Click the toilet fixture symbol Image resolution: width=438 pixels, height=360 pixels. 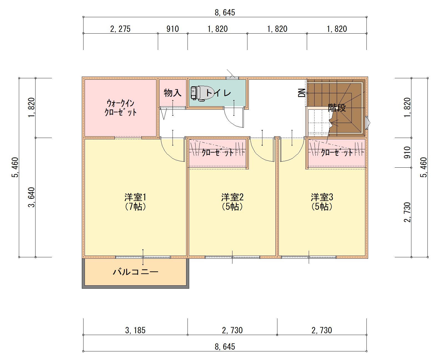point(202,93)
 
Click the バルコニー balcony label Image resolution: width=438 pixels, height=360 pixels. point(135,272)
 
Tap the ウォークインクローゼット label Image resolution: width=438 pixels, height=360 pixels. point(120,108)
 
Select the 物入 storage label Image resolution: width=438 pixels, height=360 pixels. point(172,93)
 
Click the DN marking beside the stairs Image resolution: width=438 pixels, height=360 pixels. point(302,93)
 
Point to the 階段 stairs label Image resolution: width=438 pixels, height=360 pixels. point(337,108)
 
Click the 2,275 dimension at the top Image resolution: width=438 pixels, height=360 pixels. point(120,29)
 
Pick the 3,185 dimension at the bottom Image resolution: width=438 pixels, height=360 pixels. point(135,330)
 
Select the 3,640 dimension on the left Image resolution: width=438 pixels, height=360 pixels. point(31,197)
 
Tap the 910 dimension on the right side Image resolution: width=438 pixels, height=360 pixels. point(407,152)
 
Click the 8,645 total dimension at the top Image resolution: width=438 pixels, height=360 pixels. point(225,12)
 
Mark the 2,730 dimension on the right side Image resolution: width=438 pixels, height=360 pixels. point(407,212)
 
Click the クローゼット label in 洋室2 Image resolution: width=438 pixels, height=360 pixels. point(217,153)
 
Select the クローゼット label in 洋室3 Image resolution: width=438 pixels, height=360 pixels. point(337,153)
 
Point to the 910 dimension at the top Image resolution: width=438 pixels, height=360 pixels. point(173,29)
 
